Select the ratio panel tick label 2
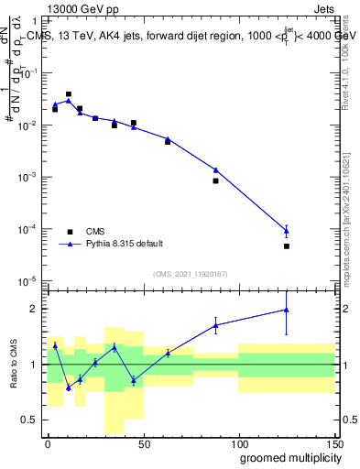point(37,309)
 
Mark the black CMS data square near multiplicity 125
point(287,246)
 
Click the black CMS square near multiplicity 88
point(215,180)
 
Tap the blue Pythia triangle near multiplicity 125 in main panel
point(287,230)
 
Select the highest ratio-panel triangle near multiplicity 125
point(287,310)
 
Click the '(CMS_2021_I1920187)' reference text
point(190,273)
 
